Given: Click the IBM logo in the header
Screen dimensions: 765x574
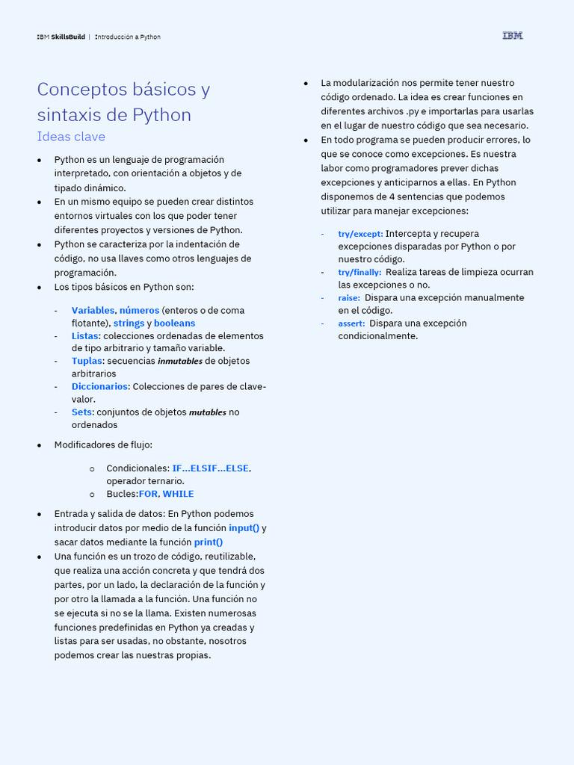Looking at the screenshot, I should pyautogui.click(x=513, y=36).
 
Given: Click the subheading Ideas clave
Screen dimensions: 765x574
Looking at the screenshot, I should pyautogui.click(x=71, y=137).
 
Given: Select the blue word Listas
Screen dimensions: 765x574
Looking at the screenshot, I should pyautogui.click(x=84, y=335).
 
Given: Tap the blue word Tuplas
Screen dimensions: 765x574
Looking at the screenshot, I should pyautogui.click(x=87, y=361).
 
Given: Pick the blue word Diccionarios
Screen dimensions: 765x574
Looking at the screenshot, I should pyautogui.click(x=99, y=386).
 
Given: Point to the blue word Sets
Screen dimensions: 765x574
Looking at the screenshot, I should pyautogui.click(x=81, y=412).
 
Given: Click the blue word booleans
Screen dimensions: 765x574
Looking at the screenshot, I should pyautogui.click(x=174, y=323).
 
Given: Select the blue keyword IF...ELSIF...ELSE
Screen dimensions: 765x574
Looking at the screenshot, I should pyautogui.click(x=210, y=468).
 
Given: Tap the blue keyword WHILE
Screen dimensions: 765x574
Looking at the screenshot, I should pyautogui.click(x=178, y=494).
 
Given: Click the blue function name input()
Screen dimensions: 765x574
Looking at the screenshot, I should pyautogui.click(x=244, y=528).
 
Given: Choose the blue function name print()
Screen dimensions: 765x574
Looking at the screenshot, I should pyautogui.click(x=209, y=542).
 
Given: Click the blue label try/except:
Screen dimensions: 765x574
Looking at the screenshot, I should pyautogui.click(x=360, y=234).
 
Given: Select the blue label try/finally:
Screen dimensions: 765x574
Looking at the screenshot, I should pyautogui.click(x=359, y=272).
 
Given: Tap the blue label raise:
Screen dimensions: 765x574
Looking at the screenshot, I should pyautogui.click(x=349, y=297).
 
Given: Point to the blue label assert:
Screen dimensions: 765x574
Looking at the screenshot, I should pyautogui.click(x=351, y=323).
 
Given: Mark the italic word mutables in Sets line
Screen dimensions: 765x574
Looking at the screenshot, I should pyautogui.click(x=207, y=412).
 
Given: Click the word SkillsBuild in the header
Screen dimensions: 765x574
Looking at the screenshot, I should pyautogui.click(x=68, y=37).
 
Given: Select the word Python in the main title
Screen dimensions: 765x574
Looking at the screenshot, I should pyautogui.click(x=161, y=115).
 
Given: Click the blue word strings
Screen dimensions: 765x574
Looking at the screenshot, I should pyautogui.click(x=129, y=323).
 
